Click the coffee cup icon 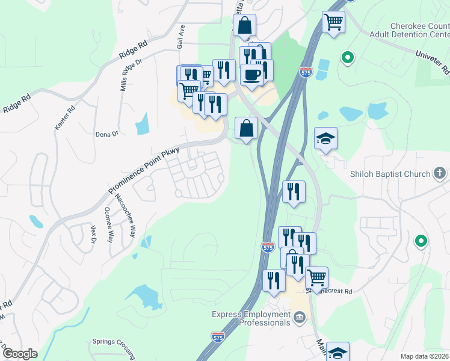tap(251, 75)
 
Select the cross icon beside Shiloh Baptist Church tap(442, 174)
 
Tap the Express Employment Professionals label tap(250, 318)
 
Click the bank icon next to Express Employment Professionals tap(299, 318)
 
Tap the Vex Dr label tap(93, 233)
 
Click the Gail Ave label tap(179, 37)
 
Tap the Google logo tap(20, 354)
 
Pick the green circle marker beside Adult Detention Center tap(347, 58)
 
